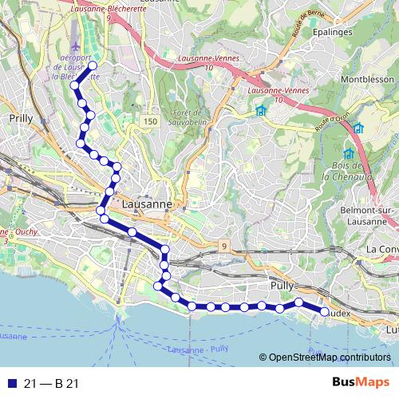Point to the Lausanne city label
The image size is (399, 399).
click(148, 204)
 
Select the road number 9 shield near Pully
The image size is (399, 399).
click(225, 246)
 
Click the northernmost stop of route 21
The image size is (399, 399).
click(93, 66)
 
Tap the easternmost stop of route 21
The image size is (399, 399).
click(324, 312)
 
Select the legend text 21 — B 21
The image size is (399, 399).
click(51, 384)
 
